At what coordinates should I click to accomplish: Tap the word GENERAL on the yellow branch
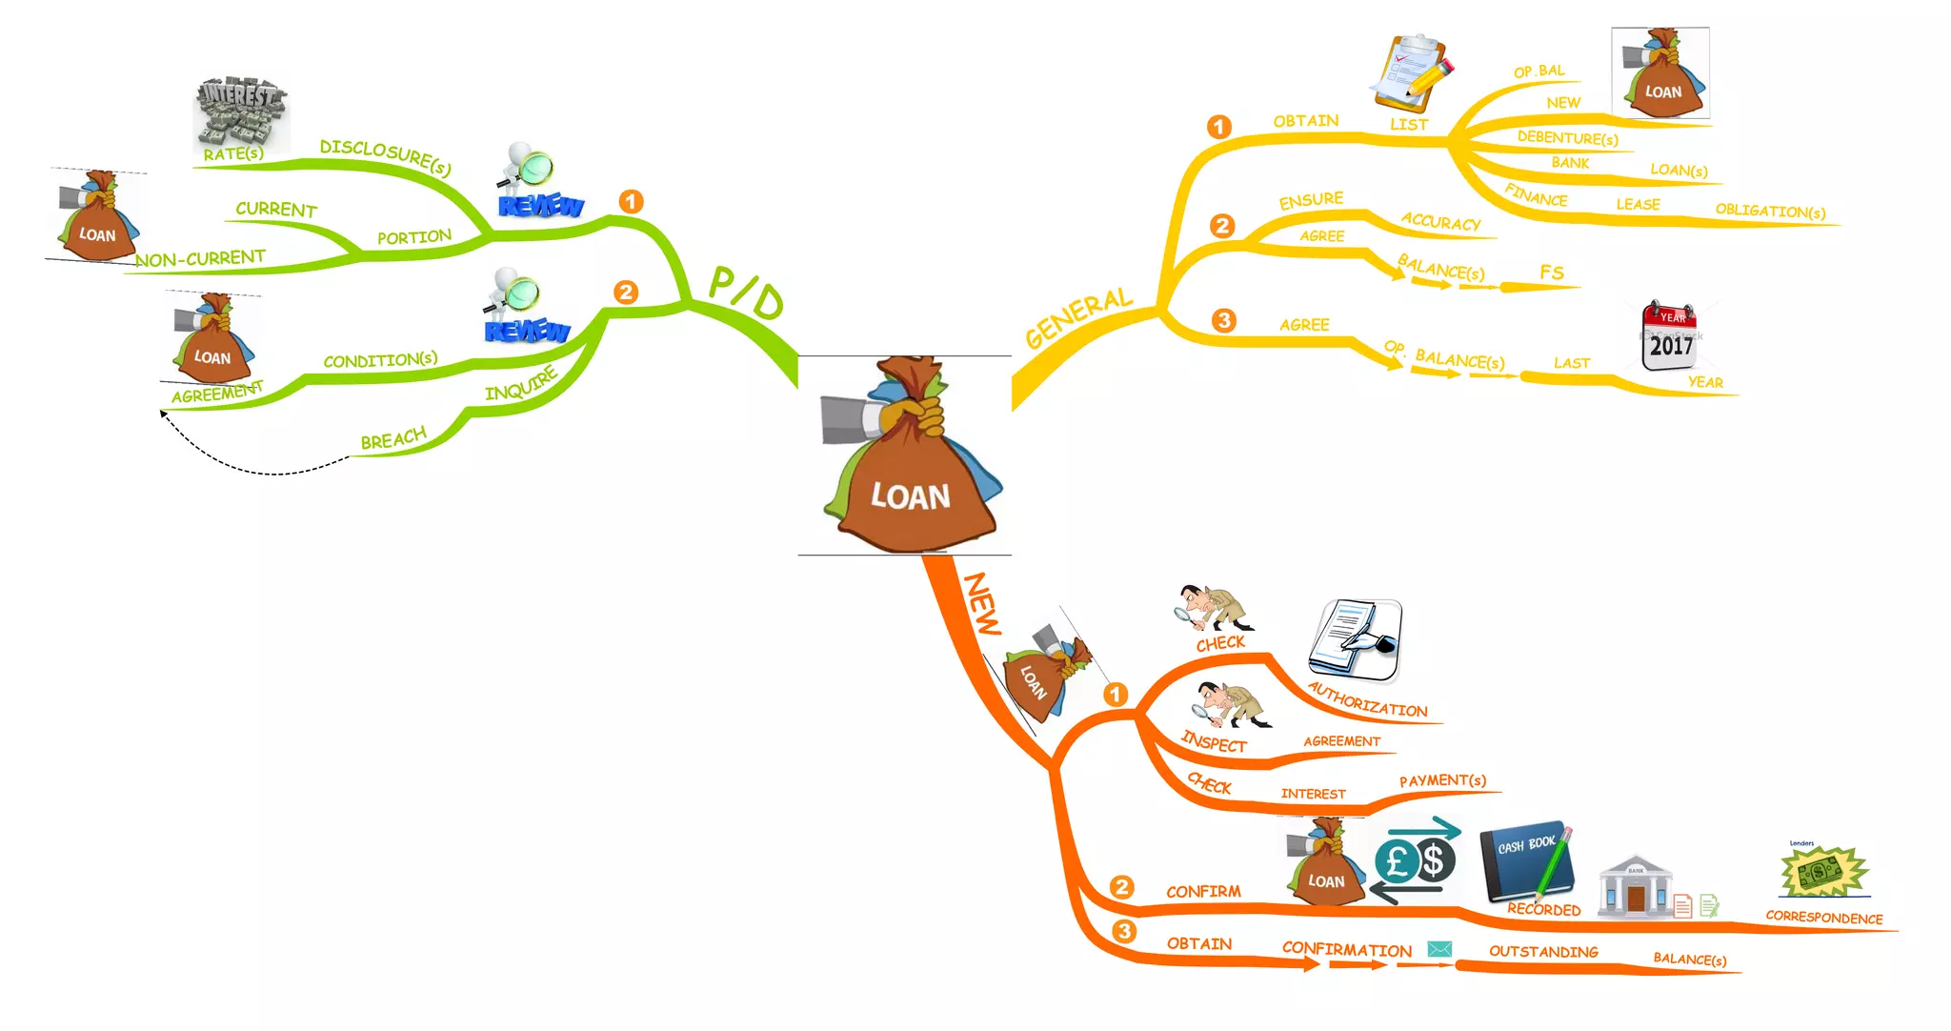click(x=1078, y=317)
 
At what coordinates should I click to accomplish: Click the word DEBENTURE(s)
click(x=1567, y=138)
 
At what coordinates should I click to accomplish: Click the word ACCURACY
click(x=1440, y=222)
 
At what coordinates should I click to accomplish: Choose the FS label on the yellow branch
click(x=1552, y=273)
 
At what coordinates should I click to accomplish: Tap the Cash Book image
click(x=1525, y=860)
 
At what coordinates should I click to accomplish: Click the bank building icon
click(x=1635, y=885)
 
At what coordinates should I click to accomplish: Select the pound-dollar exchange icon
click(x=1416, y=860)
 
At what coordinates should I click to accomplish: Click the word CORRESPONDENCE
click(x=1823, y=918)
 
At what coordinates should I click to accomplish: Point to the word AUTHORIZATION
click(x=1367, y=700)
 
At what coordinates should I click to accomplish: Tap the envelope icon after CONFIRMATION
click(x=1439, y=949)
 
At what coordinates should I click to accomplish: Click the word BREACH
click(x=393, y=438)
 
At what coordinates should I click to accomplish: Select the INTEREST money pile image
click(x=240, y=113)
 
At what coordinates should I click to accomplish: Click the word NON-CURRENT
click(x=200, y=258)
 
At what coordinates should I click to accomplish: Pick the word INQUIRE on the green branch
click(x=520, y=384)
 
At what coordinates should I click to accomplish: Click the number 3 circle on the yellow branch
click(x=1223, y=321)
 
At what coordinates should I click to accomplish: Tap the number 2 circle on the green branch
click(x=626, y=293)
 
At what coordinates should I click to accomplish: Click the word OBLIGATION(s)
click(x=1770, y=211)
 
